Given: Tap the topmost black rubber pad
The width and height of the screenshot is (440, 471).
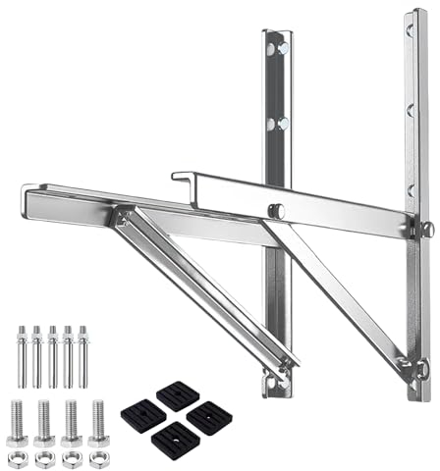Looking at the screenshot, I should click(x=177, y=394).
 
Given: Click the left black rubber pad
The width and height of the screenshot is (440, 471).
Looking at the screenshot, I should click(x=145, y=416).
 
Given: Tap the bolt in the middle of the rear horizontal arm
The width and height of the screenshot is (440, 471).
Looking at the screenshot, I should click(x=278, y=210).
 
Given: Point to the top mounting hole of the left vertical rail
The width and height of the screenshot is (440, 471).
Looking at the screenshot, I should click(x=281, y=48).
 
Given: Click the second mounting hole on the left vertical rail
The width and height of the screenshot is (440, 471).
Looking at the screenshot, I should click(x=281, y=123).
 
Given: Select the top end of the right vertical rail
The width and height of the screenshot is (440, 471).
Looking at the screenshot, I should click(x=417, y=14).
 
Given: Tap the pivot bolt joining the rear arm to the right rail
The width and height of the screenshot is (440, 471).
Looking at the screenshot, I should click(x=427, y=229).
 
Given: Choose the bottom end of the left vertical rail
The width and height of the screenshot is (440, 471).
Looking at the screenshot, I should click(x=276, y=392).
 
